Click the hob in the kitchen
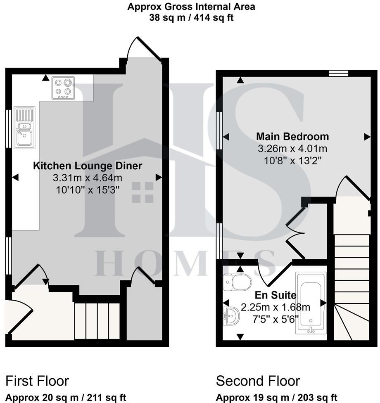pyautogui.click(x=63, y=88)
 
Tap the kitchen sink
pyautogui.click(x=24, y=128)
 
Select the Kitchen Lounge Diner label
pyautogui.click(x=88, y=166)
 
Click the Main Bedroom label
pyautogui.click(x=292, y=136)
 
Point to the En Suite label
pyautogui.click(x=275, y=295)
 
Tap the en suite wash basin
pyautogui.click(x=231, y=316)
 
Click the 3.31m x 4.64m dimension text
pyautogui.click(x=88, y=178)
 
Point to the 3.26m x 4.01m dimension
pyautogui.click(x=292, y=149)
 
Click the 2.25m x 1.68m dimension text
pyautogui.click(x=275, y=308)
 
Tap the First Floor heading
pyautogui.click(x=37, y=380)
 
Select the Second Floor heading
pyautogui.click(x=258, y=380)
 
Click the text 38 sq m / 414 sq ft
pyautogui.click(x=191, y=18)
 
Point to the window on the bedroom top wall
pyautogui.click(x=339, y=73)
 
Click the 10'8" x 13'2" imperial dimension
pyautogui.click(x=292, y=160)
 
